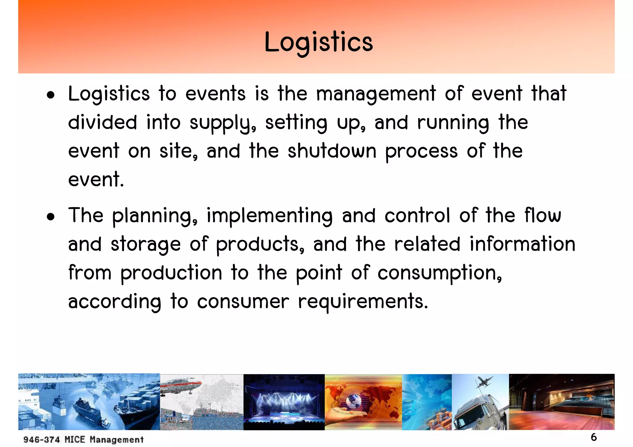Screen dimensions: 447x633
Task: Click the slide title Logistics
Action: pyautogui.click(x=319, y=42)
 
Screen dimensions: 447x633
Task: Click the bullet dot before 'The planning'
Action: pyautogui.click(x=51, y=217)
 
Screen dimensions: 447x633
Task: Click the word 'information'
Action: pyautogui.click(x=522, y=244)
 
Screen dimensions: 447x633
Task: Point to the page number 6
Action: pyautogui.click(x=594, y=437)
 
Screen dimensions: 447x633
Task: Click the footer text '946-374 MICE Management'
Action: pyautogui.click(x=83, y=440)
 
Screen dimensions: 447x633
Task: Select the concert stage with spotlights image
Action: pyautogui.click(x=284, y=402)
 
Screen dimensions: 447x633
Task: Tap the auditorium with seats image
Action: pyautogui.click(x=561, y=402)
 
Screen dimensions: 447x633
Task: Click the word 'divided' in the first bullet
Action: pyautogui.click(x=102, y=123)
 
